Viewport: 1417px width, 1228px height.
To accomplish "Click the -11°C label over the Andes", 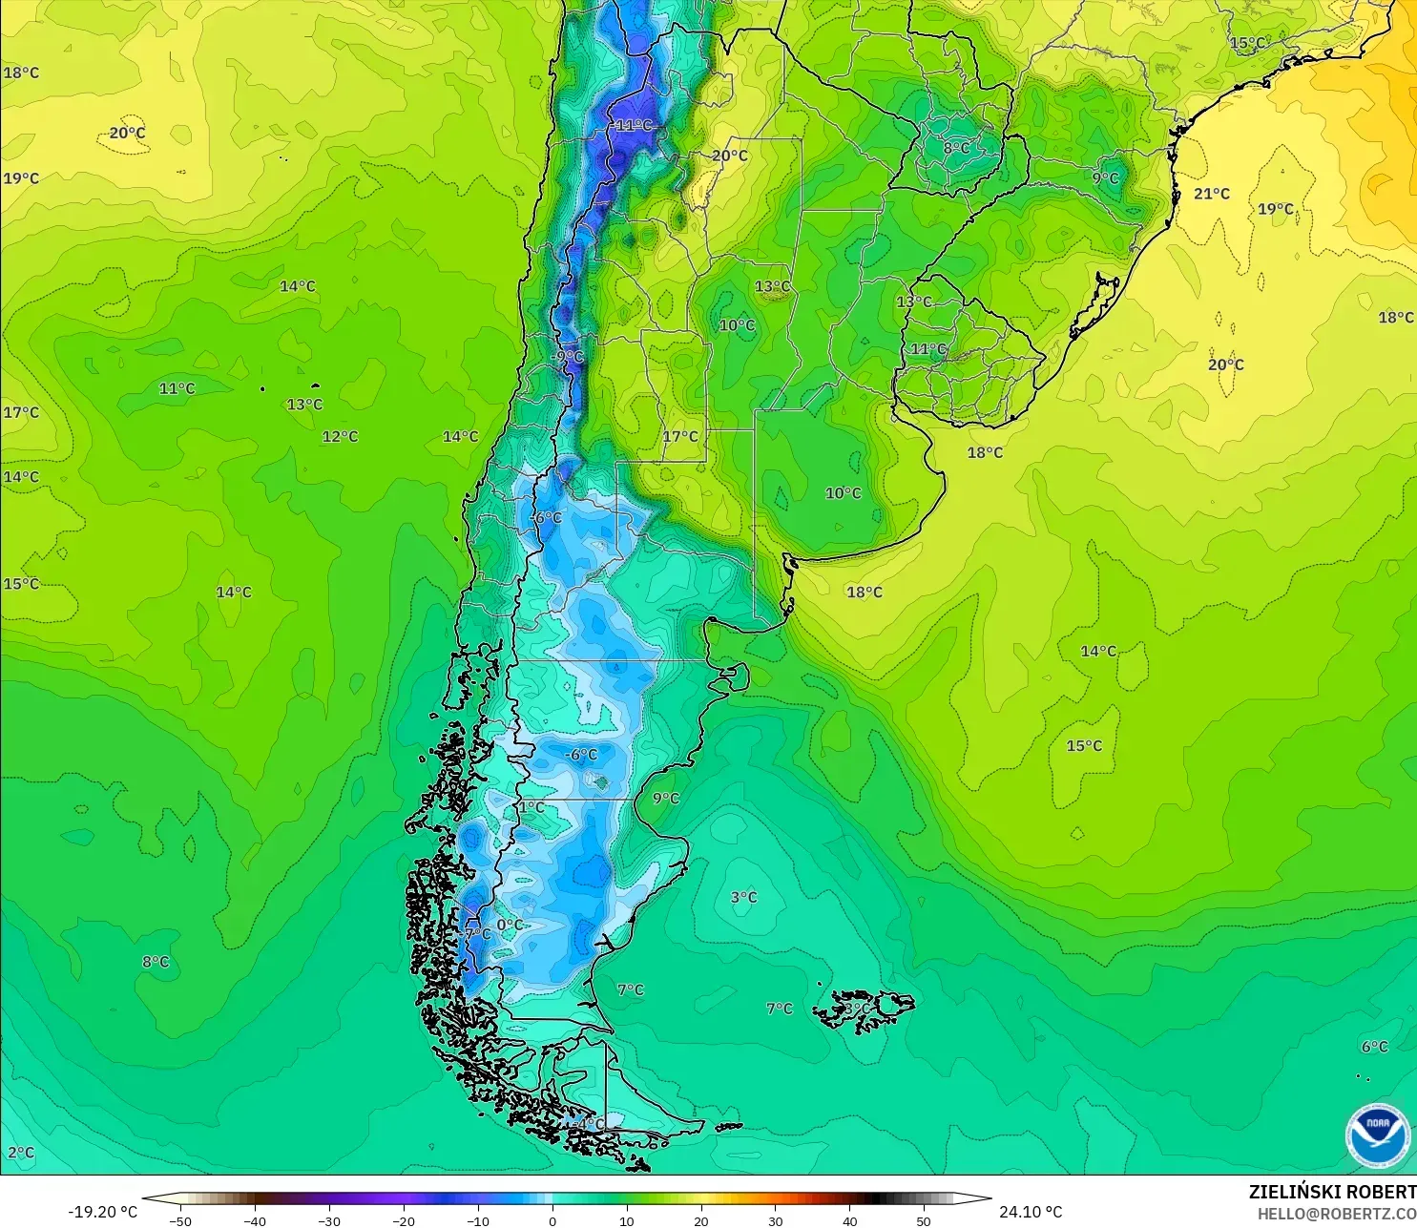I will click(633, 125).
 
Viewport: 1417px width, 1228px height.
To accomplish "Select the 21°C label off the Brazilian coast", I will click(1212, 194).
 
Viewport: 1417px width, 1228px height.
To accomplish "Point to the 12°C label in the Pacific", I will click(340, 437).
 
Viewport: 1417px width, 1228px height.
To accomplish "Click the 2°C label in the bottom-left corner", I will click(20, 1153).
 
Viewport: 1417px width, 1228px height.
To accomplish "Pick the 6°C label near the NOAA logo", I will click(1374, 1047).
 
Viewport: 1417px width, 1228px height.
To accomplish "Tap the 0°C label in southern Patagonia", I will click(510, 925).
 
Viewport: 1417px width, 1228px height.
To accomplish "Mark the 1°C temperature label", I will click(531, 807).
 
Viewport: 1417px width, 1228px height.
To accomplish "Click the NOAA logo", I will click(1377, 1135).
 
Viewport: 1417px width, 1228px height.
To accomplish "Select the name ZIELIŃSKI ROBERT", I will click(1332, 1192).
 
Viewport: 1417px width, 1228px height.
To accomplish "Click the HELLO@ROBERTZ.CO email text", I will click(1336, 1214).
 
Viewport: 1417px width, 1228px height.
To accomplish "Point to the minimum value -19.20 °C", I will click(102, 1212).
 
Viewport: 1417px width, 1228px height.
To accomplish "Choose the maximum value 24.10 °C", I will click(1031, 1212).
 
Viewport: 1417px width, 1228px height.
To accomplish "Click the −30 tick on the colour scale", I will click(328, 1220).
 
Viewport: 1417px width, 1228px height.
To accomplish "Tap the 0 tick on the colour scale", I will click(552, 1220).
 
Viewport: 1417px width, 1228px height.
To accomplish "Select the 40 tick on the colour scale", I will click(849, 1220).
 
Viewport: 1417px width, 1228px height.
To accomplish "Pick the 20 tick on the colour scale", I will click(700, 1220).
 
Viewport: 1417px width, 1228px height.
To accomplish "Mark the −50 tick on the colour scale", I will click(179, 1220).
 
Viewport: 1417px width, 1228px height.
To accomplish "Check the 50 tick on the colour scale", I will click(923, 1220).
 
